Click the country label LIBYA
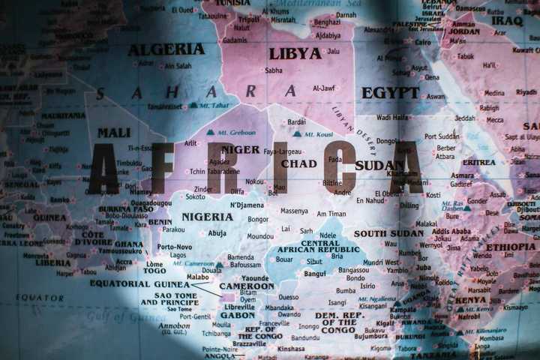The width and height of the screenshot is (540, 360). [x=295, y=53]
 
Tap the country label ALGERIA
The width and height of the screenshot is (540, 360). [x=166, y=49]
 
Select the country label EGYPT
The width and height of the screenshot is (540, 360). [x=390, y=92]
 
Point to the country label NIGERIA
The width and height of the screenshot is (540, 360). [x=207, y=217]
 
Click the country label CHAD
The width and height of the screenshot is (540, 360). [x=298, y=163]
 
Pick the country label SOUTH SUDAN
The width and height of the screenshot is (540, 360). [x=388, y=233]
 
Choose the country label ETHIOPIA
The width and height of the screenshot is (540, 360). [x=510, y=247]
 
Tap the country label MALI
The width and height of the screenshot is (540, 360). [x=113, y=133]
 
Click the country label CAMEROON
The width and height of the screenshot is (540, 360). [x=247, y=286]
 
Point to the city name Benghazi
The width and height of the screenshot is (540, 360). [x=326, y=23]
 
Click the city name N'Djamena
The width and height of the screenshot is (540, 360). [x=247, y=205]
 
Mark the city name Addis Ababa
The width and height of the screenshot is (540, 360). [x=451, y=231]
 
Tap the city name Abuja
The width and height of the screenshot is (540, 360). [x=217, y=233]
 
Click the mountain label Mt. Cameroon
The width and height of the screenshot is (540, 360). [x=193, y=264]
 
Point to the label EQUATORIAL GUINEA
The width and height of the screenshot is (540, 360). [x=139, y=283]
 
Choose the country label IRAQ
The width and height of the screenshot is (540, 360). [x=507, y=20]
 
